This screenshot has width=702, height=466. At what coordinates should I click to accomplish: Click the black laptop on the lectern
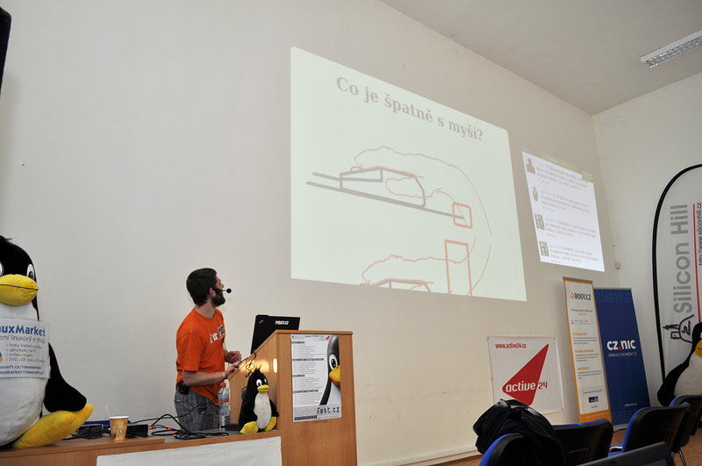click(273, 330)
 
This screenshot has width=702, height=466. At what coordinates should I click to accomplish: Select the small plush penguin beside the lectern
click(257, 400)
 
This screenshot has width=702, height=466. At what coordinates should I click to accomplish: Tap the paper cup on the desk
click(118, 427)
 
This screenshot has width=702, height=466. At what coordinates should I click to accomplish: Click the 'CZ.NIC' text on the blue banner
click(620, 345)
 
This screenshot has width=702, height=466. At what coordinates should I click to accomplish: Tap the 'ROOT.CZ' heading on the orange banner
click(579, 296)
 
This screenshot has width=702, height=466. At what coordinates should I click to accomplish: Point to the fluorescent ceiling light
click(671, 49)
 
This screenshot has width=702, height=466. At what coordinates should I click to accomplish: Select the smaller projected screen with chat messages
click(562, 211)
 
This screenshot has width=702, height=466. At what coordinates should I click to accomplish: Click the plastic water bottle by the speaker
click(224, 406)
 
